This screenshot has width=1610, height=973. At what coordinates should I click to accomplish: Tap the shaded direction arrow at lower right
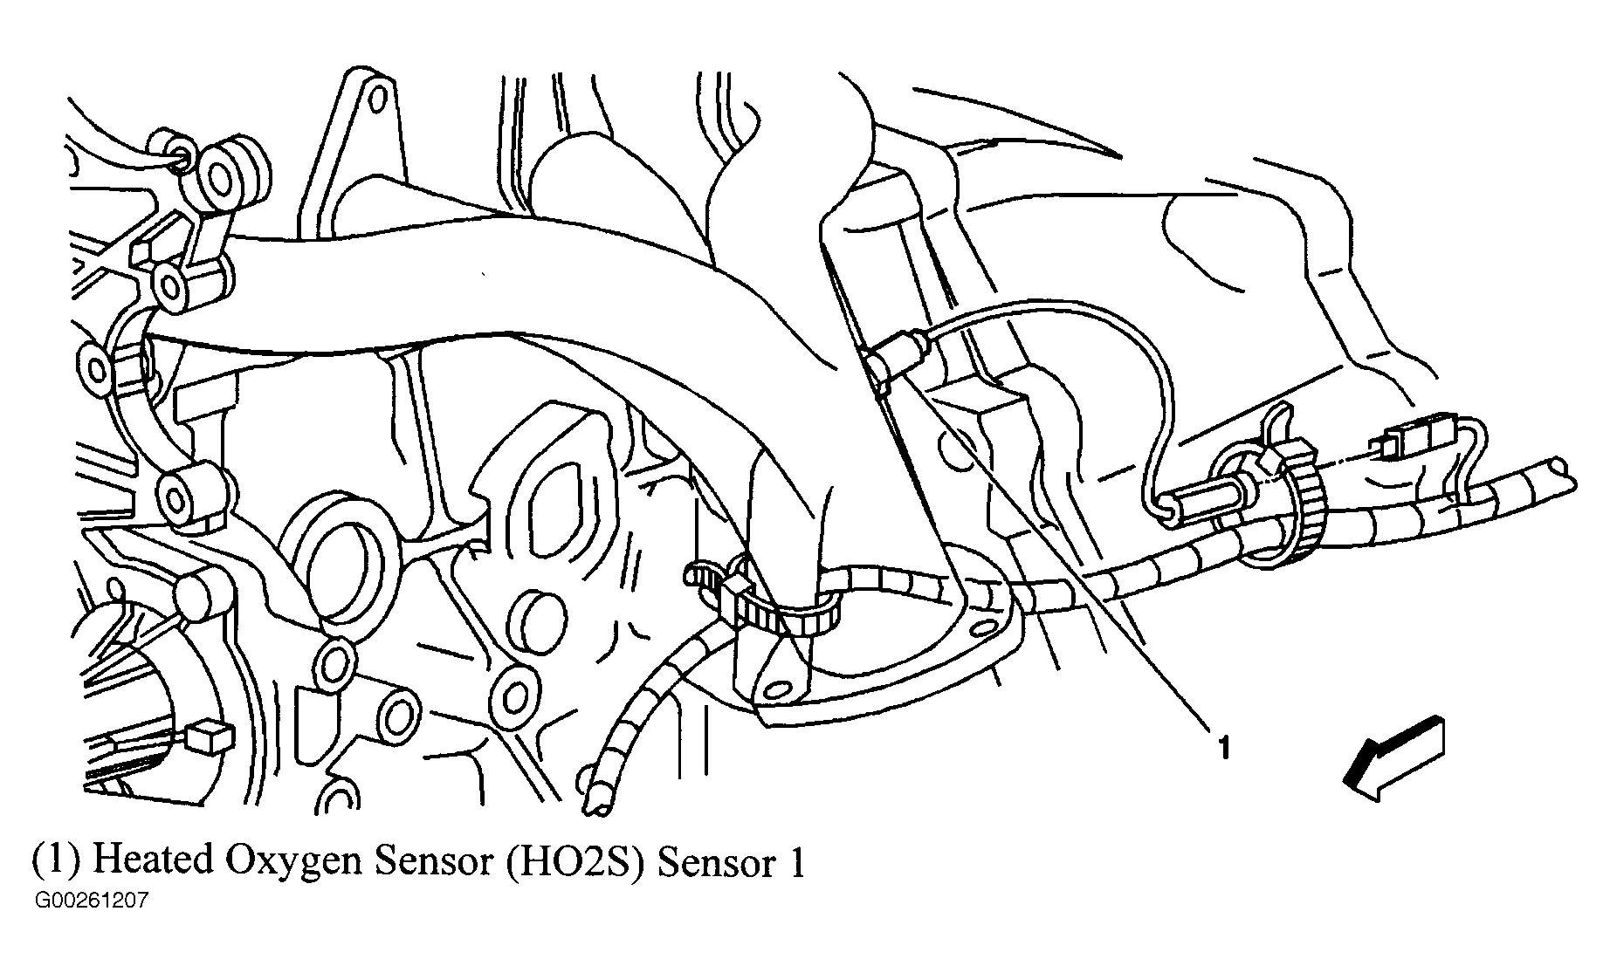coord(1395,757)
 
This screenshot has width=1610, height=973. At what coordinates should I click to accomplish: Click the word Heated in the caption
coord(152,861)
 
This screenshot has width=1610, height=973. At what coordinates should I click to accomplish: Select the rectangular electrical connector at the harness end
coord(1408,442)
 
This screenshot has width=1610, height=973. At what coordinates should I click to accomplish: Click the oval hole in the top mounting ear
coord(373,97)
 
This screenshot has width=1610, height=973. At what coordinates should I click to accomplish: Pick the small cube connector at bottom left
coord(209,737)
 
